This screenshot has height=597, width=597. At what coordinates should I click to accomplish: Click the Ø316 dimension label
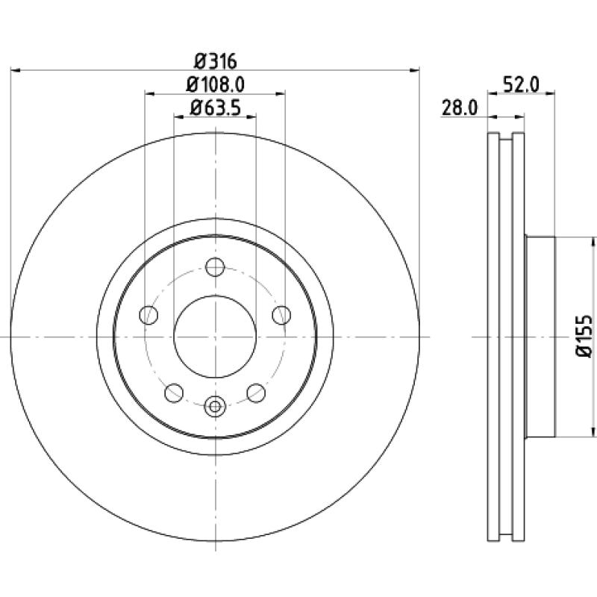pyautogui.click(x=215, y=61)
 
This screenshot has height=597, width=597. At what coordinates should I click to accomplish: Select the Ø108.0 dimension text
pyautogui.click(x=215, y=85)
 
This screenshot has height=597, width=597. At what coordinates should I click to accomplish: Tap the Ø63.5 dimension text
pyautogui.click(x=215, y=107)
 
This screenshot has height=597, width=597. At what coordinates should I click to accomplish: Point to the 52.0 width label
pyautogui.click(x=521, y=84)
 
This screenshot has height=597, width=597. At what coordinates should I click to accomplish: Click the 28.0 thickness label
pyautogui.click(x=459, y=107)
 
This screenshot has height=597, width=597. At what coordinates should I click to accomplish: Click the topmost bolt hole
pyautogui.click(x=215, y=267)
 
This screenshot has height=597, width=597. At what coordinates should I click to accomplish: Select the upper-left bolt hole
pyautogui.click(x=149, y=315)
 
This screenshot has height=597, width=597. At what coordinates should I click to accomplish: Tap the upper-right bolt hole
pyautogui.click(x=281, y=315)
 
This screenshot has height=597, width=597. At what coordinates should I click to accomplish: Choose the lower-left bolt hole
pyautogui.click(x=174, y=393)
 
